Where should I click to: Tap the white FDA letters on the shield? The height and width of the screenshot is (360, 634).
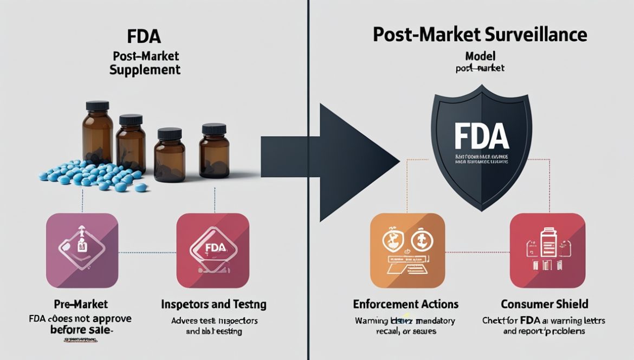(481, 137)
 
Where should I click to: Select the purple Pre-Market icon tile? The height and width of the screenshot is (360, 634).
(82, 250)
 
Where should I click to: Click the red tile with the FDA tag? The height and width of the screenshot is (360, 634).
(213, 250)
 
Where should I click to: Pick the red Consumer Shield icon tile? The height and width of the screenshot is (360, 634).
(547, 250)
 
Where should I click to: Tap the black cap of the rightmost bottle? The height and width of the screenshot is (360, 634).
(214, 129)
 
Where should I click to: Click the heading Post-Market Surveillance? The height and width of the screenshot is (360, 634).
(480, 35)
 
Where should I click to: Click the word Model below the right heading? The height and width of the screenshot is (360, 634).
(480, 56)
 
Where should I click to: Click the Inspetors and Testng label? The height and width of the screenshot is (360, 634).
(214, 304)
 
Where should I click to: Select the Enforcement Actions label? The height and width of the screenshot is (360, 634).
(405, 304)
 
